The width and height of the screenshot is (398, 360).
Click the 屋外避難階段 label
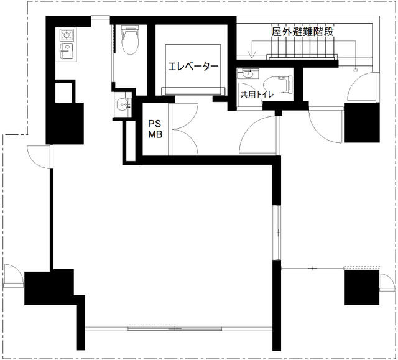coord(303,32)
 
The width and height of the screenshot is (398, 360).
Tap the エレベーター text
coord(193,66)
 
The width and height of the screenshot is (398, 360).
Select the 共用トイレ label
coord(257,95)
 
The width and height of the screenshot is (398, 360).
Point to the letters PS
coord(155,124)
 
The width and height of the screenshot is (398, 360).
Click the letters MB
coord(155,134)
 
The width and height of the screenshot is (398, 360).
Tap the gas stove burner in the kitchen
coord(67,35)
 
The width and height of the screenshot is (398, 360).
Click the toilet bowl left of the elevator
coord(130,40)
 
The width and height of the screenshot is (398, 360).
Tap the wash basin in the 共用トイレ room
coord(247,74)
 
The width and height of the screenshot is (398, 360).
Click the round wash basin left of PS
coord(123,104)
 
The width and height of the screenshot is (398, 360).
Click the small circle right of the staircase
coord(355,69)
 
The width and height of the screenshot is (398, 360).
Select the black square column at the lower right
coord(361,287)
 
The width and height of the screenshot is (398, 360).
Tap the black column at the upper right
coord(362,122)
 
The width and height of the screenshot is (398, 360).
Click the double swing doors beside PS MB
coord(185,129)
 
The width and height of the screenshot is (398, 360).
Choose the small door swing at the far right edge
coord(387,282)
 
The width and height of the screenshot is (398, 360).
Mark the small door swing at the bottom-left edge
coord(13,276)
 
